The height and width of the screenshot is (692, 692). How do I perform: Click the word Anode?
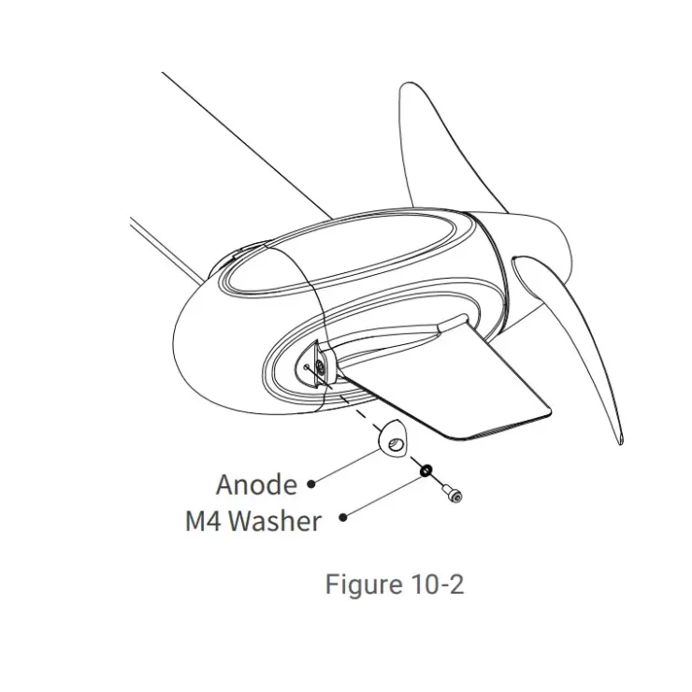256,484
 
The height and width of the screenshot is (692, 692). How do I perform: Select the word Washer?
275,521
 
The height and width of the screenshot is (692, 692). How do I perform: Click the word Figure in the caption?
364,584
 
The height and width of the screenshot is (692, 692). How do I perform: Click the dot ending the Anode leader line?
311,483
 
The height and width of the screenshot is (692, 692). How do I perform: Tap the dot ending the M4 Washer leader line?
343,517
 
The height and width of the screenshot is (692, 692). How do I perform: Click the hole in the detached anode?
396,444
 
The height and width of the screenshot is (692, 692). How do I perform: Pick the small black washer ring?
425,471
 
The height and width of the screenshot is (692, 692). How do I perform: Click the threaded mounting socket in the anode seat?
321,367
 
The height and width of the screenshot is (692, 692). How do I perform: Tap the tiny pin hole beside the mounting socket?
307,365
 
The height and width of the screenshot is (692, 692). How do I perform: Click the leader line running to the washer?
383,495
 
